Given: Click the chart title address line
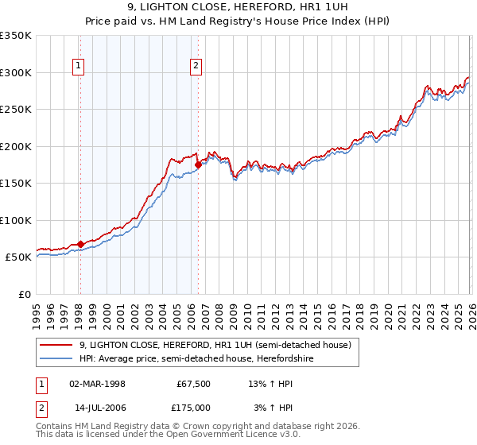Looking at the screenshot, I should coord(238,7).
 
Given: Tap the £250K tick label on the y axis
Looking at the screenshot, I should coord(16,109).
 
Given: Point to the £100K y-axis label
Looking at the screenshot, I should coord(16,220).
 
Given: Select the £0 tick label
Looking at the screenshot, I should coord(24,294).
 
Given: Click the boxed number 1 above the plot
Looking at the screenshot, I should coord(79,67).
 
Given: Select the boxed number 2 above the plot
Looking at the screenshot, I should coord(196,67).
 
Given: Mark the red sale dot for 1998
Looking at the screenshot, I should coord(80,244).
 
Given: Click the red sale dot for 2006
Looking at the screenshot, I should coord(198,164).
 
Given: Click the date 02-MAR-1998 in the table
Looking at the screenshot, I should coord(98,384).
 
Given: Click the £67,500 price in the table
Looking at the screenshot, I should coord(192,384).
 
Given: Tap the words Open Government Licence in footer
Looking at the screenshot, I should coord(231,435).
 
